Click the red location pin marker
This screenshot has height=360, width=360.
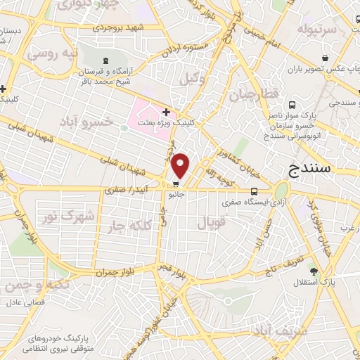[x=181, y=165]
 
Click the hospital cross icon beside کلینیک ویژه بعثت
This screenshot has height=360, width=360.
[x=166, y=112]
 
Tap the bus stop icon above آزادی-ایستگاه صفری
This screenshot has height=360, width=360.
[x=254, y=191]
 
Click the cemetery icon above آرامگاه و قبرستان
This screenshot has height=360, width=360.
[x=105, y=61]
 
